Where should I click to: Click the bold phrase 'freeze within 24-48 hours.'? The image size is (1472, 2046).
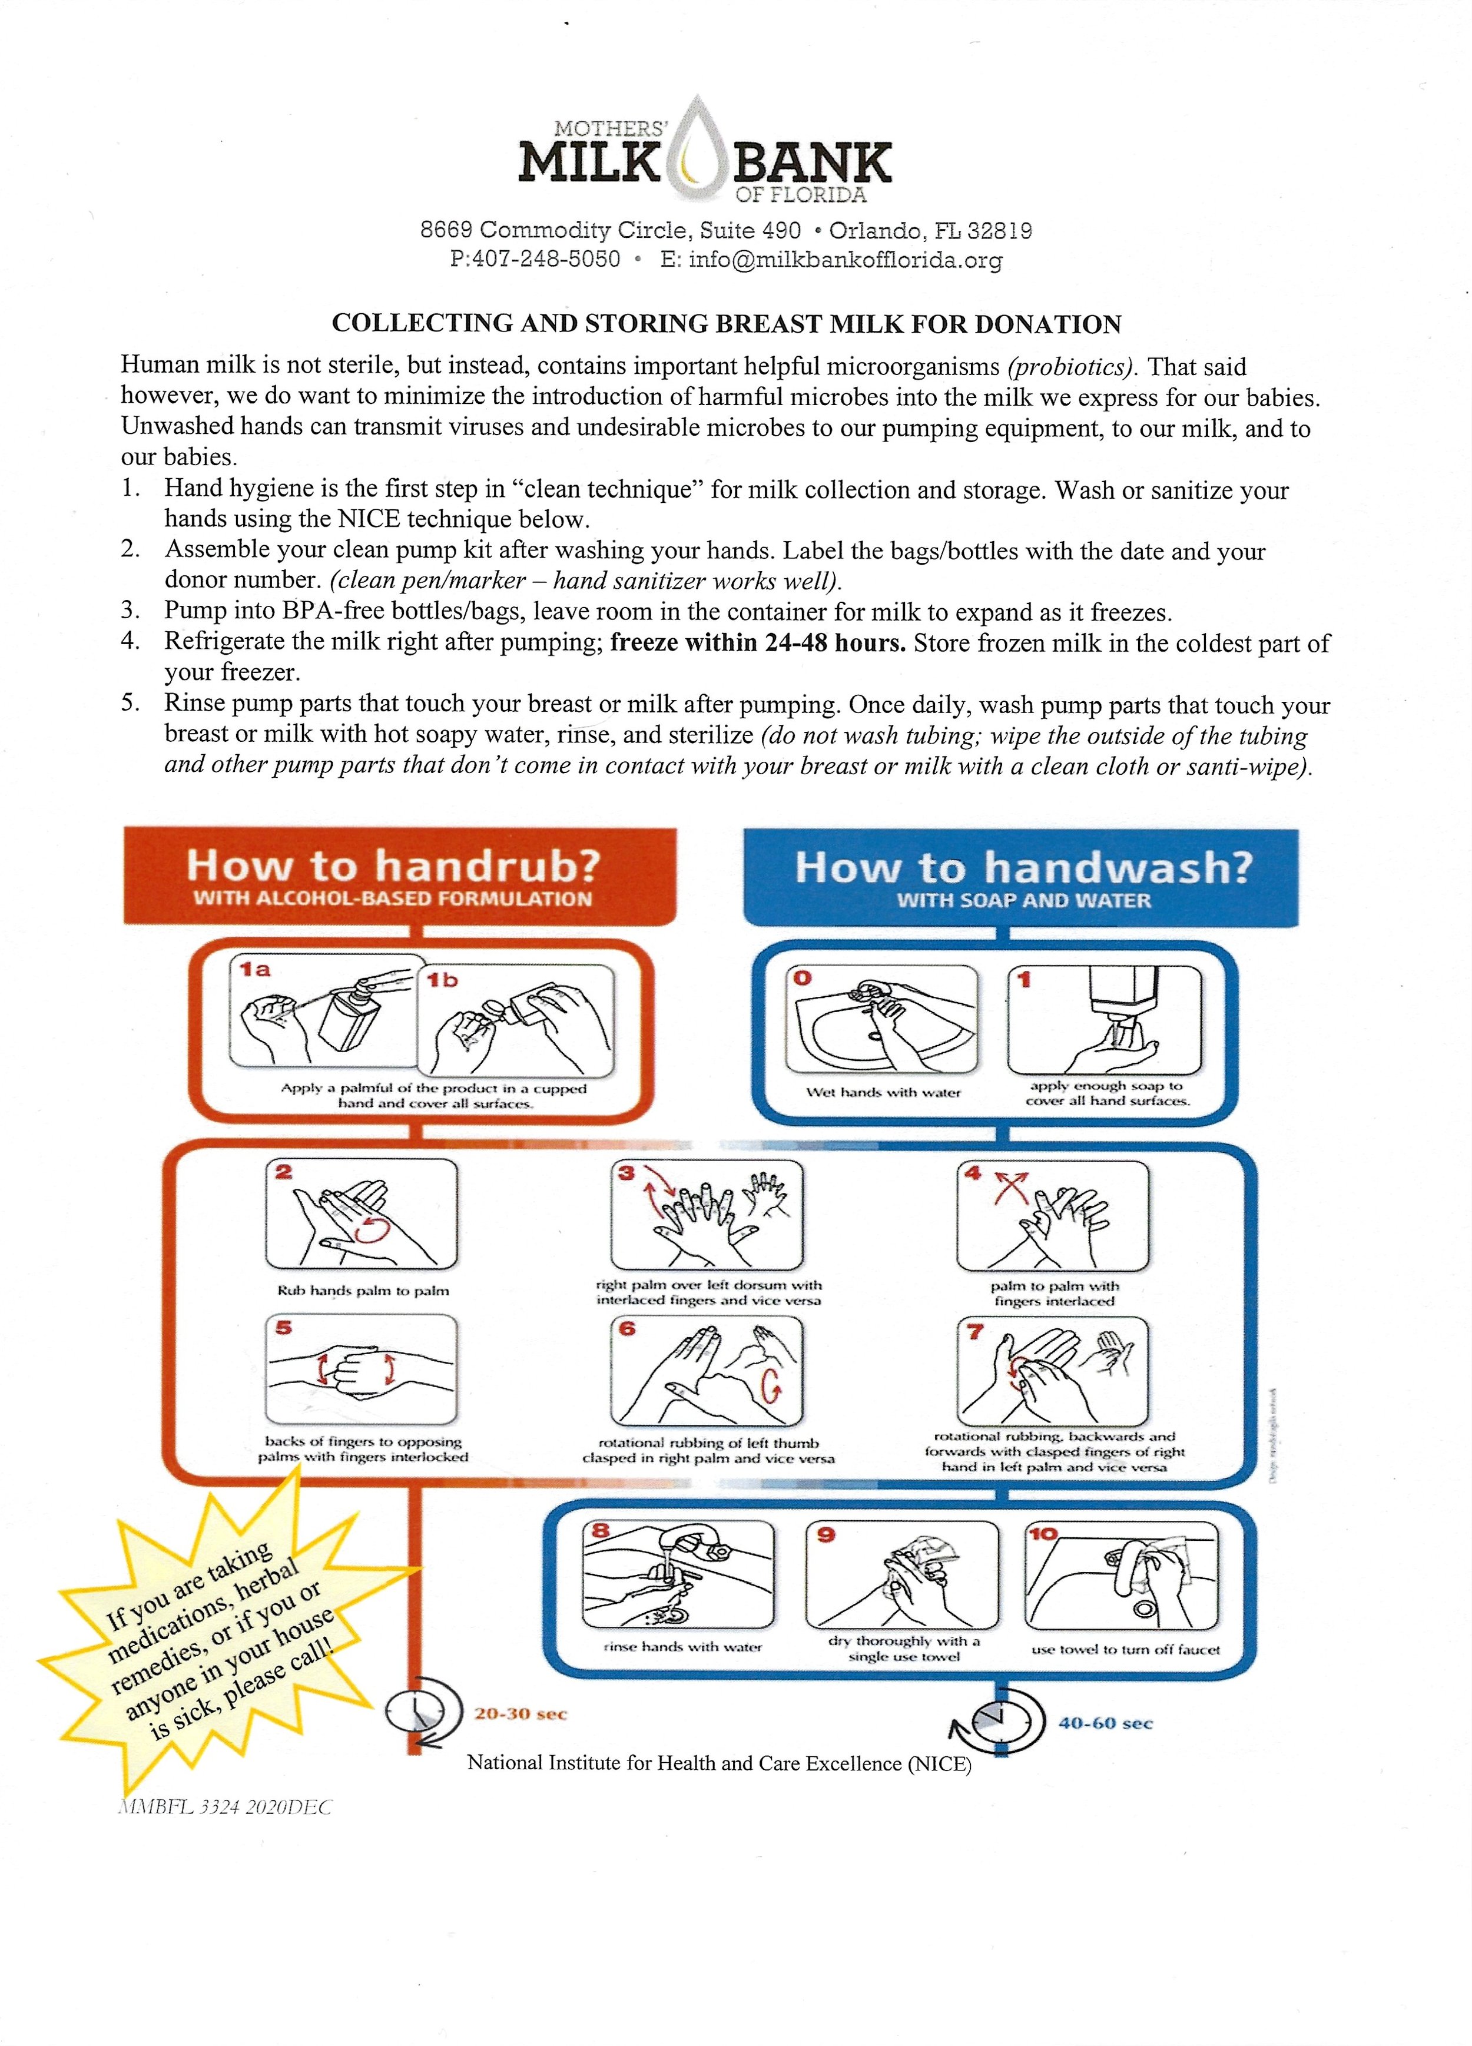pos(758,643)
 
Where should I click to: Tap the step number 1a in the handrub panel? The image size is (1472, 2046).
pos(256,970)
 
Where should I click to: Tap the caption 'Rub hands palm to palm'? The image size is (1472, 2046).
pos(363,1291)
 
